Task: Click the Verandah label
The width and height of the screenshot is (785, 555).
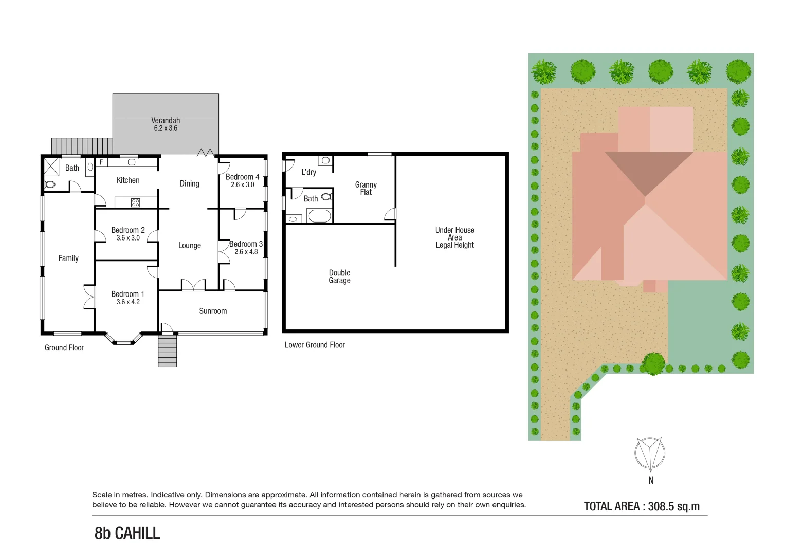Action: point(166,121)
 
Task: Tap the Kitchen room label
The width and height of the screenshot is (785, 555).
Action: point(128,180)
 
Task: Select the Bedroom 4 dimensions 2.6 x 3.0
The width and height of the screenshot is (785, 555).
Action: point(242,185)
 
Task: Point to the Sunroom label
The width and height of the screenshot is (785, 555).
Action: point(213,311)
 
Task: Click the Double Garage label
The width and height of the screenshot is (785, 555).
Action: point(339,276)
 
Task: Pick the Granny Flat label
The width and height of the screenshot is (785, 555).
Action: point(366,188)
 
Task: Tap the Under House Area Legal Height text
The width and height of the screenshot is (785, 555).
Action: point(454,237)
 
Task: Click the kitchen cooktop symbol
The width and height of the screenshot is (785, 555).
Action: point(135,202)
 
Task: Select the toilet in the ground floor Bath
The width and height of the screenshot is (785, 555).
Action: point(50,184)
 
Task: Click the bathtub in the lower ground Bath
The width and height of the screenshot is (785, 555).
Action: point(319,216)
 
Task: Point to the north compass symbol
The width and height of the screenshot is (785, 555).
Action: point(650,454)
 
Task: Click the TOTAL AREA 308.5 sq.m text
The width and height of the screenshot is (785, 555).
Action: point(642,506)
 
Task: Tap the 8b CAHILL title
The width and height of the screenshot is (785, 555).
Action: point(127,533)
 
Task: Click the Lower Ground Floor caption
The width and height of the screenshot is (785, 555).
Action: point(315,345)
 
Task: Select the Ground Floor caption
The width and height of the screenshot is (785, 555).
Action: point(64,348)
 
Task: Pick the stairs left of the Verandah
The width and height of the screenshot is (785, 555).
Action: point(82,145)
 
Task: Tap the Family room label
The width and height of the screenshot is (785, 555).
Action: point(68,258)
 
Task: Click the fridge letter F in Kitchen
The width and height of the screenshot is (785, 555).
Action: point(101,162)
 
